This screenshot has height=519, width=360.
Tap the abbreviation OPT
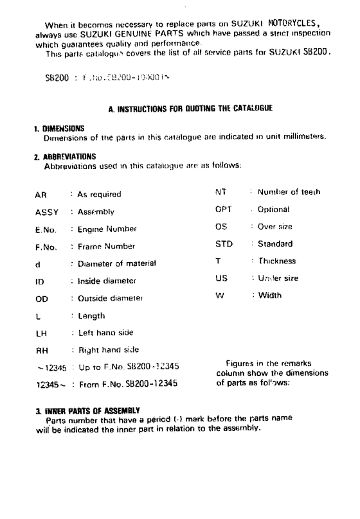click(223, 209)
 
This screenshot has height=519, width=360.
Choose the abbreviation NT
click(220, 192)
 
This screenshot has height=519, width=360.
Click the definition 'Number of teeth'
click(289, 192)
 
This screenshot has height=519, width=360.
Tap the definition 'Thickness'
click(277, 261)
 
